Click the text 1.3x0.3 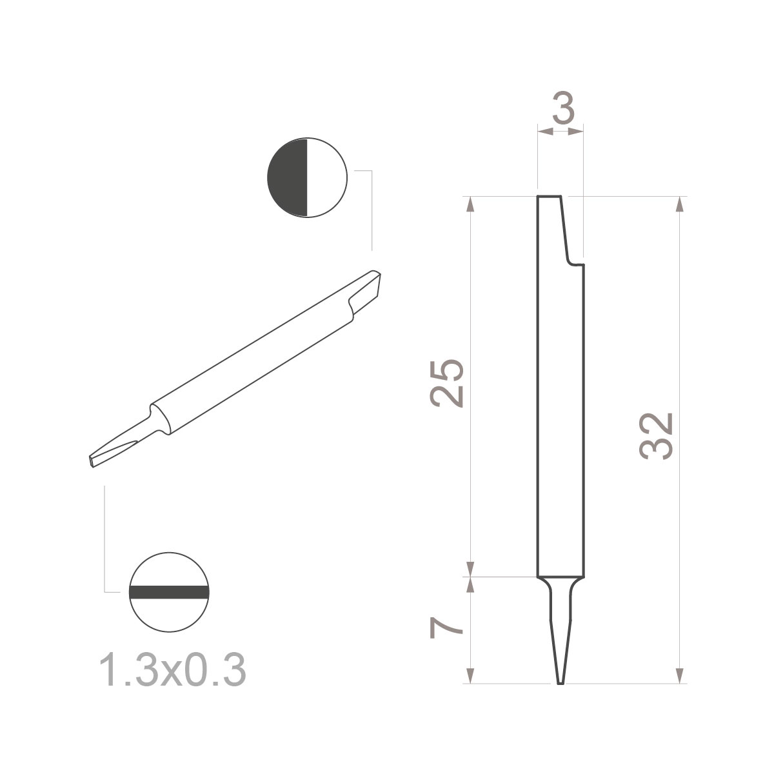pos(172,671)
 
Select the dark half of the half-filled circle pos(288,177)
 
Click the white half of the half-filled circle pos(326,177)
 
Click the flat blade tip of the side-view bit pos(560,680)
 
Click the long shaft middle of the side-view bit pos(561,419)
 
